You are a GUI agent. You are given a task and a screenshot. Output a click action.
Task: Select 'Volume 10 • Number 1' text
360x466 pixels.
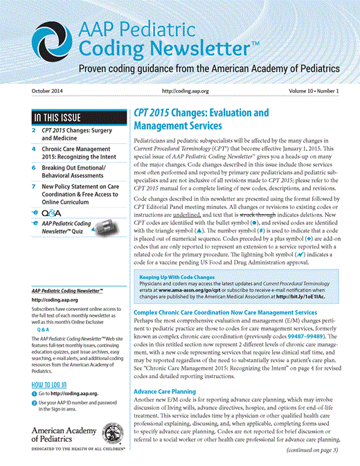click(310, 91)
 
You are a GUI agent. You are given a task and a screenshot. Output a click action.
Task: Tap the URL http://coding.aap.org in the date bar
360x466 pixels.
click(187, 91)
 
